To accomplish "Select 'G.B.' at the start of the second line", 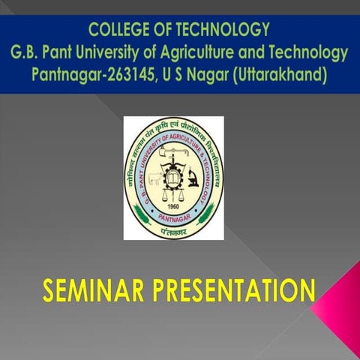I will [x=27, y=54].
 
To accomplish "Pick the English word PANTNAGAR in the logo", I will [x=174, y=220].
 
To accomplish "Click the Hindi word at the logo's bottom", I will [x=174, y=232].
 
